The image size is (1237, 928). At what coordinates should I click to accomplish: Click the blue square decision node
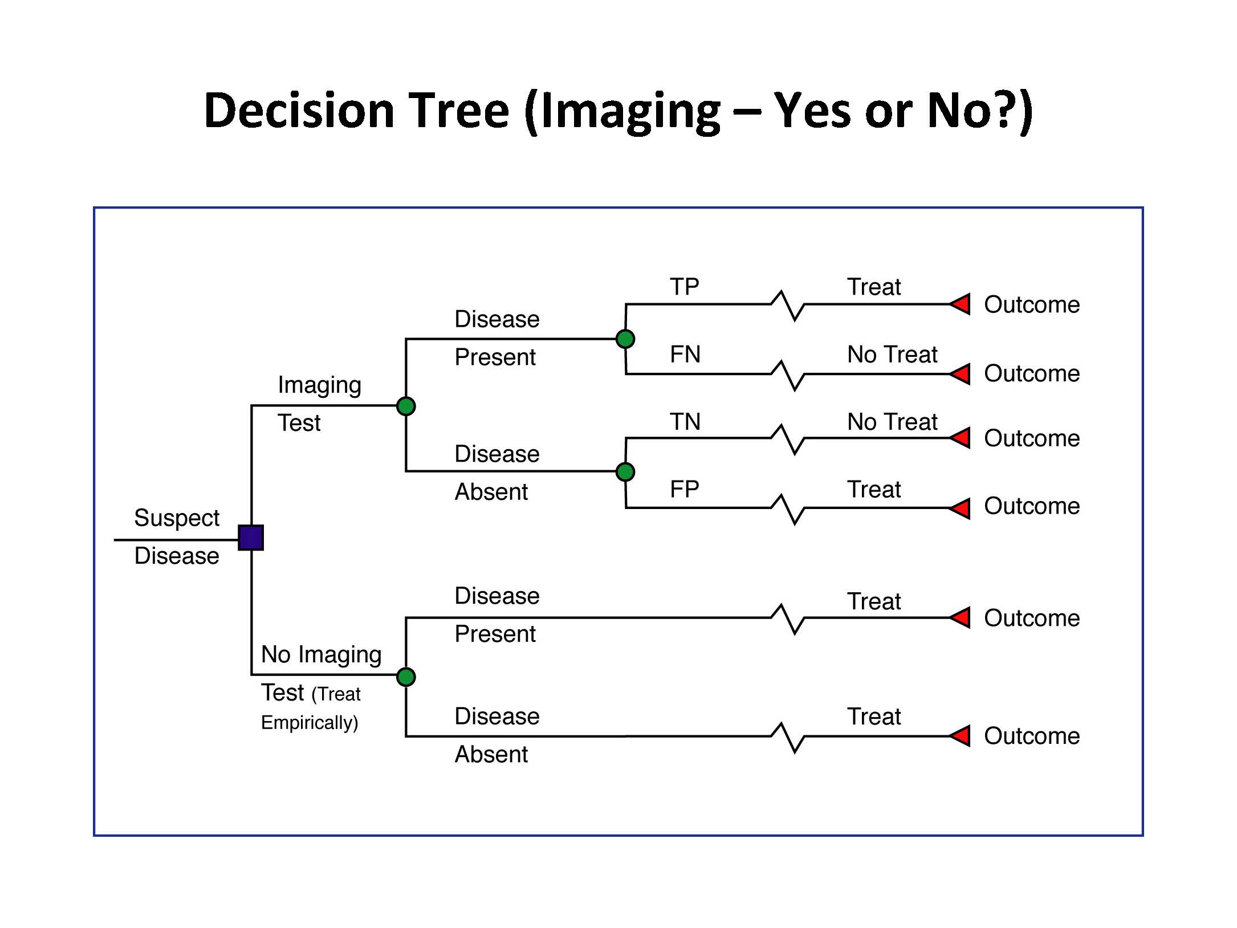251,538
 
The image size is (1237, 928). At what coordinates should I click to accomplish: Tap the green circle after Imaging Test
406,406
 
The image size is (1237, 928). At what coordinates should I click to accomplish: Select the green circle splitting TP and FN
625,339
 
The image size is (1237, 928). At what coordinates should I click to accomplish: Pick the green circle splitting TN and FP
625,472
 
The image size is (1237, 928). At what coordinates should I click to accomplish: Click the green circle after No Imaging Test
406,677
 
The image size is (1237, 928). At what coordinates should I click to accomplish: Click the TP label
684,287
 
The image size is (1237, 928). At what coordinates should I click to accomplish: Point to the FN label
685,355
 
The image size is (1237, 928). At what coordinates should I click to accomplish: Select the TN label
685,422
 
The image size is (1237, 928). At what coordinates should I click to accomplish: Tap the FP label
684,489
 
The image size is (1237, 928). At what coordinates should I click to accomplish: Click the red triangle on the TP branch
961,304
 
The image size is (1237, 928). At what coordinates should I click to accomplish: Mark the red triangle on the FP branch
961,508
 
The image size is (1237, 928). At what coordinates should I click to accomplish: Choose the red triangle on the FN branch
961,374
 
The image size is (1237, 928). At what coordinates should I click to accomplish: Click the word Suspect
177,518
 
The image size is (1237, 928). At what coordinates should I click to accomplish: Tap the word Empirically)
310,723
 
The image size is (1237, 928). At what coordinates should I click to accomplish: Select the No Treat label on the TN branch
892,422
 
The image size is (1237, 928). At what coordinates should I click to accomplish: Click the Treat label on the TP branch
874,287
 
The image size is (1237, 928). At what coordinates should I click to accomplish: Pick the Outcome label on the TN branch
1032,438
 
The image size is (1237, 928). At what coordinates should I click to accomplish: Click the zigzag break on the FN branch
788,375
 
